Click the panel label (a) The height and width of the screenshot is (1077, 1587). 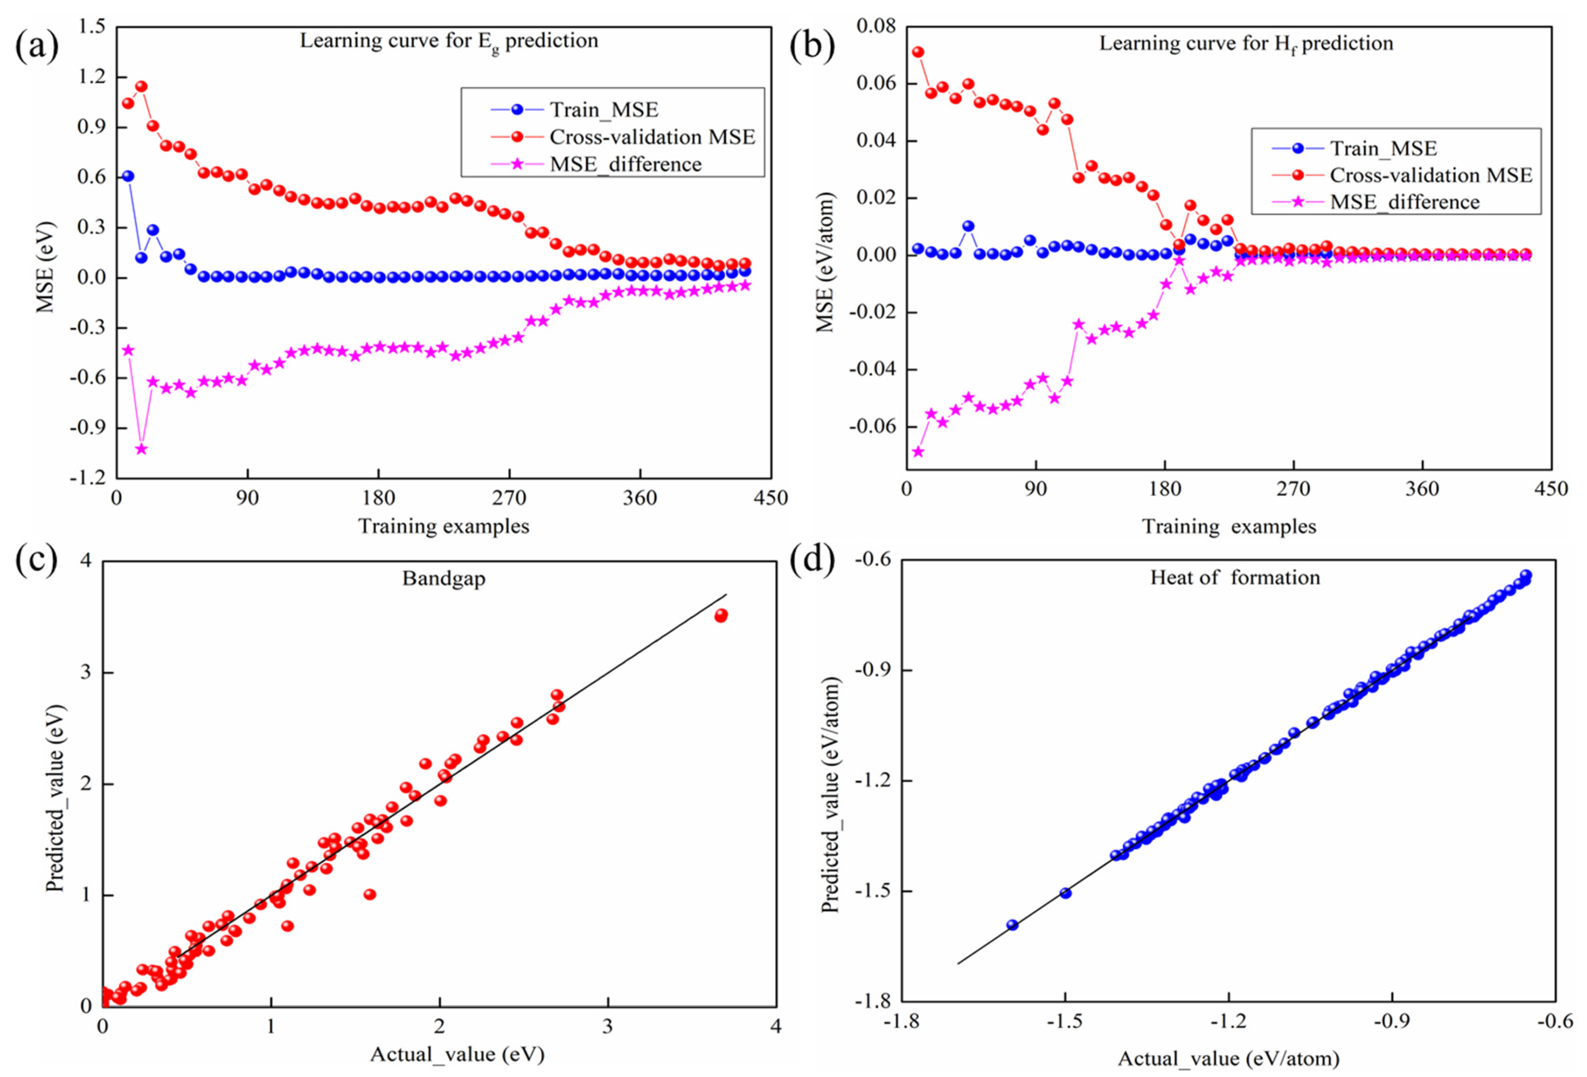[37, 46]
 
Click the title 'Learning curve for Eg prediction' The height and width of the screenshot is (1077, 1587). [448, 42]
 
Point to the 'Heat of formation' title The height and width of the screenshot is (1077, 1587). [1235, 578]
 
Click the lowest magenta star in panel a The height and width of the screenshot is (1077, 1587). [141, 449]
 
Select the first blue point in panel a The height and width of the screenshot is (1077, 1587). [128, 176]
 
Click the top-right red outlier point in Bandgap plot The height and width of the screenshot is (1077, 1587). [721, 615]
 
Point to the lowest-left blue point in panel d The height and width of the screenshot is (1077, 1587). [1012, 925]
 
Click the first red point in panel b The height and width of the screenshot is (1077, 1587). [918, 52]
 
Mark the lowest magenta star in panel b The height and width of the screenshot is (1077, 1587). [918, 451]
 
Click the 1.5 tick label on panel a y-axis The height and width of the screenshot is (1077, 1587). [92, 27]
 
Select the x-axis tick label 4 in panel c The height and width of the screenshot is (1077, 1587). [776, 1026]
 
